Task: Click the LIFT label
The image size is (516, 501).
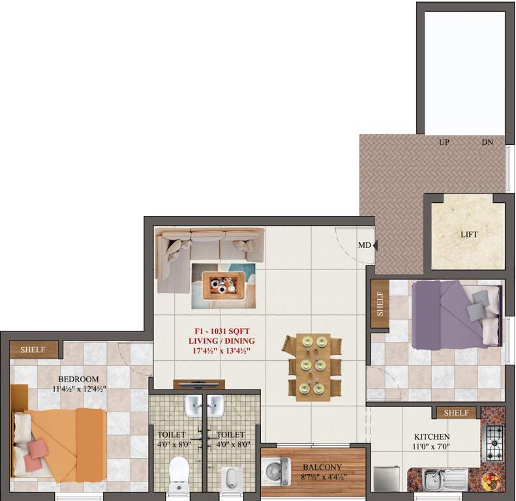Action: point(469,234)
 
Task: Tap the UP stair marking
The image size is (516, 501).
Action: point(444,142)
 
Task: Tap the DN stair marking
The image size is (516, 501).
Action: point(487,142)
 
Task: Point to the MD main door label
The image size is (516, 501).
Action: point(364,246)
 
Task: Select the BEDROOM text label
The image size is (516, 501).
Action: point(78,379)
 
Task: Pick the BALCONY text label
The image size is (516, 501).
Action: point(322,467)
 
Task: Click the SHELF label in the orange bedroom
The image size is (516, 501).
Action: point(33,350)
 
